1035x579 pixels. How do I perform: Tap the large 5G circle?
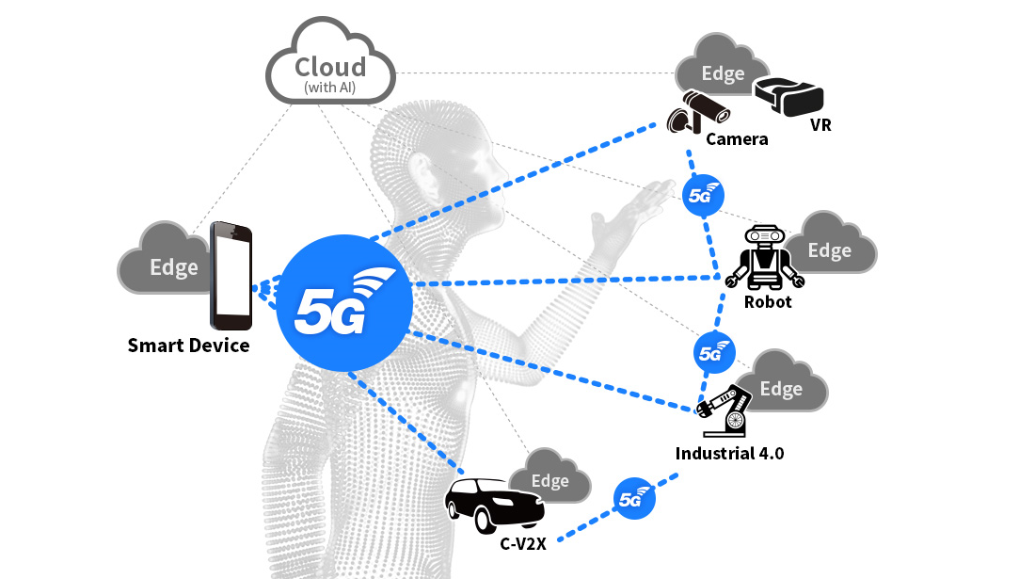(345, 299)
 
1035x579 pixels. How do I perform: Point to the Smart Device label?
(188, 346)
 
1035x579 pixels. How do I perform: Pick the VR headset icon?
(788, 94)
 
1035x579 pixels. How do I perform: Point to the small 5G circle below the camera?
(702, 196)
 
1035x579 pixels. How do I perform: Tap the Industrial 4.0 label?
(729, 454)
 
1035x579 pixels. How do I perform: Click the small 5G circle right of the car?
(634, 499)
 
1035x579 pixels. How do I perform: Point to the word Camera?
(738, 139)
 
